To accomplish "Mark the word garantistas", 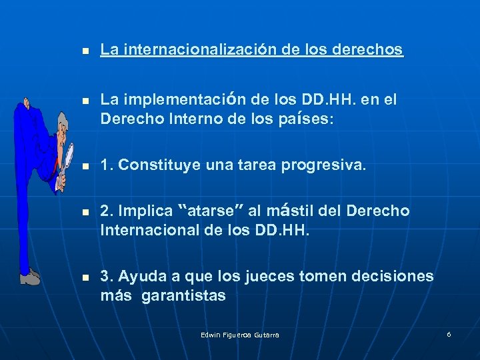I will pyautogui.click(x=184, y=295).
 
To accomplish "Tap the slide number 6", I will pyautogui.click(x=449, y=333).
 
